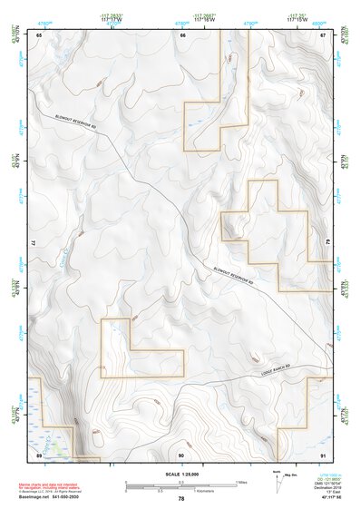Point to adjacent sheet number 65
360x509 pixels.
click(39, 34)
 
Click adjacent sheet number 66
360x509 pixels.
click(182, 34)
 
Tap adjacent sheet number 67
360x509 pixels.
click(324, 34)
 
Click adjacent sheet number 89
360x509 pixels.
click(39, 453)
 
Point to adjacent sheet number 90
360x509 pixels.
click(181, 453)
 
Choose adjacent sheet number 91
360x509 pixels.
click(324, 453)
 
